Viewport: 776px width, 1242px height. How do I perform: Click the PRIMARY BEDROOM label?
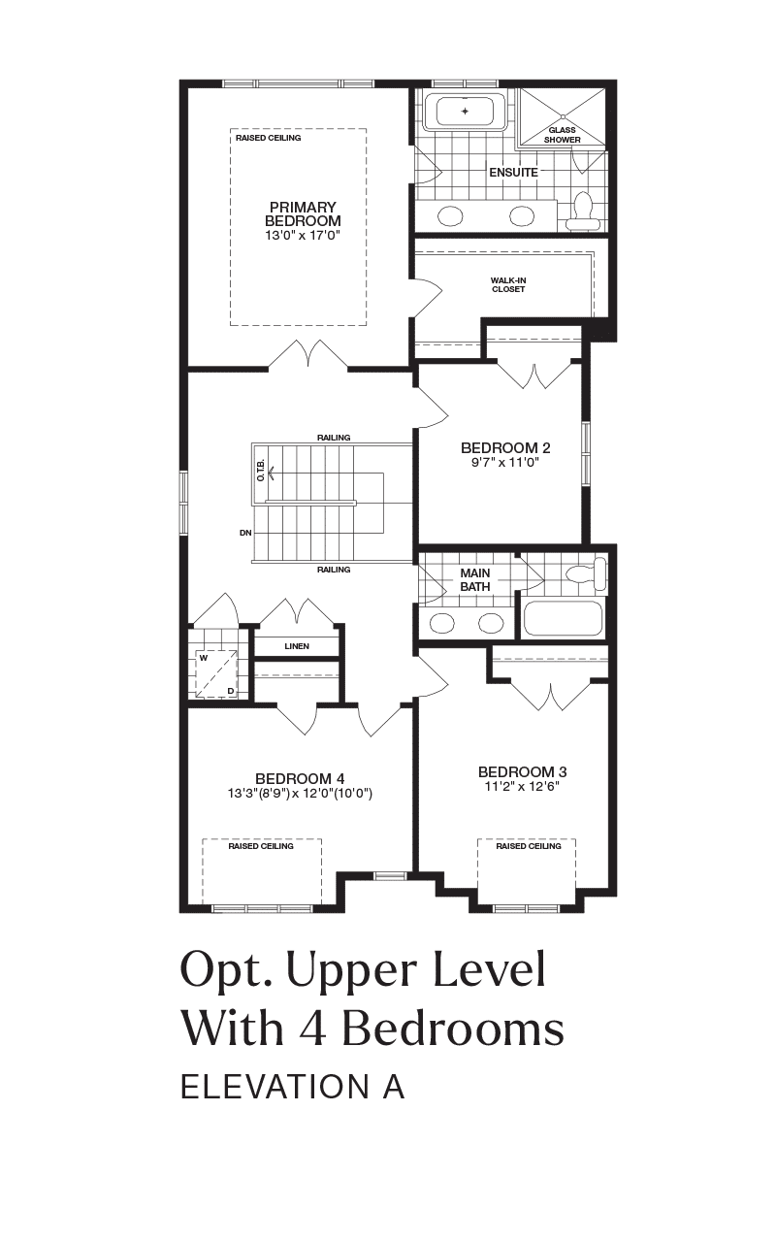(x=302, y=214)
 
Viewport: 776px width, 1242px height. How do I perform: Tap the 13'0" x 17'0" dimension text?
(x=302, y=235)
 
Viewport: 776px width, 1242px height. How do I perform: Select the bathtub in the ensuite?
(x=465, y=112)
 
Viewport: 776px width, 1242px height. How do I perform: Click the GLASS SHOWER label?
(x=562, y=135)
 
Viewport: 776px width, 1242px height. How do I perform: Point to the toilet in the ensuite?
(x=583, y=212)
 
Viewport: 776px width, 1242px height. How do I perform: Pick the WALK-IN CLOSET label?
(x=508, y=285)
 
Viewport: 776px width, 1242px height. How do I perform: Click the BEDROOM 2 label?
(x=505, y=447)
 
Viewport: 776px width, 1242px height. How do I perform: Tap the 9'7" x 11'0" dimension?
(x=505, y=463)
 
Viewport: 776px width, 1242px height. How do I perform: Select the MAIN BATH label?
(x=475, y=579)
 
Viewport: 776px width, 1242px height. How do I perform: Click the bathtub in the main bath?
(x=562, y=619)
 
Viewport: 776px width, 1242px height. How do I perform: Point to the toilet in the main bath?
(x=584, y=574)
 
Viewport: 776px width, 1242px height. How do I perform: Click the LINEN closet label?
(x=297, y=646)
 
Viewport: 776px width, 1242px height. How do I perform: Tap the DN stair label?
(x=245, y=533)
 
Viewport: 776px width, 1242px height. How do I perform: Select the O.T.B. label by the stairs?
(x=261, y=471)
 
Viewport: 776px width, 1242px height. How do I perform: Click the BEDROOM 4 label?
(x=300, y=778)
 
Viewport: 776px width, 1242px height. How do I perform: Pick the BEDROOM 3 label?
(x=522, y=771)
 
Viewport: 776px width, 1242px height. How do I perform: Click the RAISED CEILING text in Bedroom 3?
(x=529, y=846)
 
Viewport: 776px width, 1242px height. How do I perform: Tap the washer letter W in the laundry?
(x=204, y=658)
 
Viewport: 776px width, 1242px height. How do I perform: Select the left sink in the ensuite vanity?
(x=450, y=216)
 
